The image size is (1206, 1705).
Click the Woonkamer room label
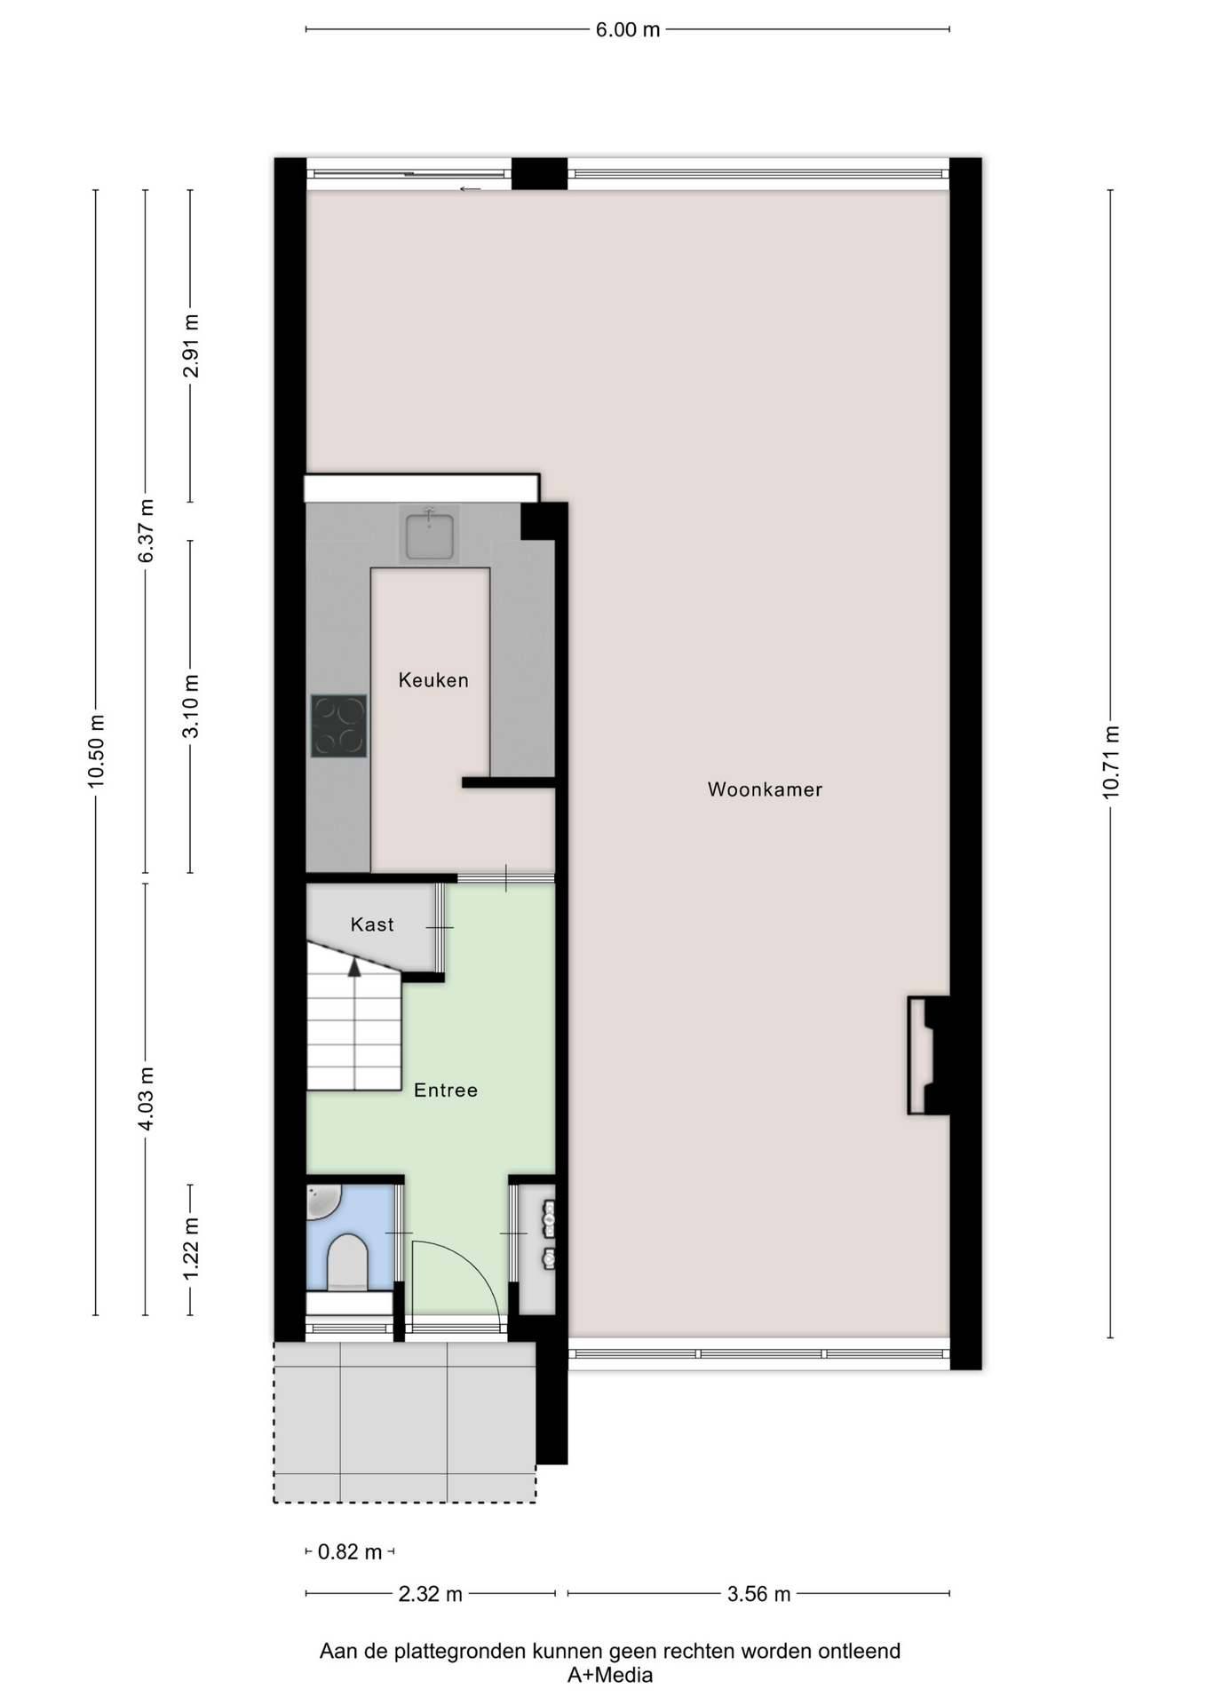click(765, 789)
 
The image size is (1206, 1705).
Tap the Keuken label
click(433, 680)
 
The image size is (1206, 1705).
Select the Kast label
click(372, 924)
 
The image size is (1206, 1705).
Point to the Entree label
click(446, 1090)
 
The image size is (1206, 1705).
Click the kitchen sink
click(430, 535)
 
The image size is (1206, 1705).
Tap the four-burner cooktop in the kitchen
click(338, 726)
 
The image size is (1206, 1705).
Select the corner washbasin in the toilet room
click(321, 1201)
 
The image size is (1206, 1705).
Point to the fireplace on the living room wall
click(929, 1055)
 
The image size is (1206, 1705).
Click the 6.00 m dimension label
click(628, 30)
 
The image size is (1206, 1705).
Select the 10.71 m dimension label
click(1111, 763)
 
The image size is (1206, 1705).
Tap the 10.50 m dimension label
click(97, 751)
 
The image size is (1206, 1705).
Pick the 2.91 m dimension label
click(191, 346)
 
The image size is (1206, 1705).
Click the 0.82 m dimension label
click(350, 1551)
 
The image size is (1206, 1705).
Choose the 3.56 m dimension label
click(758, 1594)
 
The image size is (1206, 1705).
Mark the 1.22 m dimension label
click(191, 1249)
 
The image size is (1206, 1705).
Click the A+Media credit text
click(610, 1675)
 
